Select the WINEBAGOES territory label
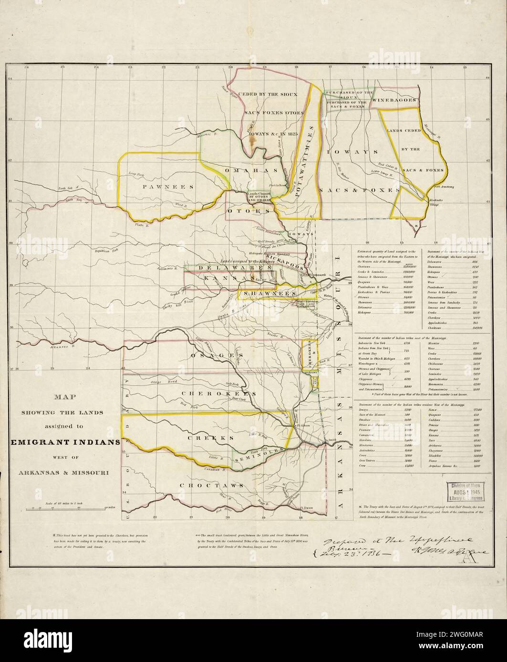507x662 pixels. (395, 100)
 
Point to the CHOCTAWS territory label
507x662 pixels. (211, 485)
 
